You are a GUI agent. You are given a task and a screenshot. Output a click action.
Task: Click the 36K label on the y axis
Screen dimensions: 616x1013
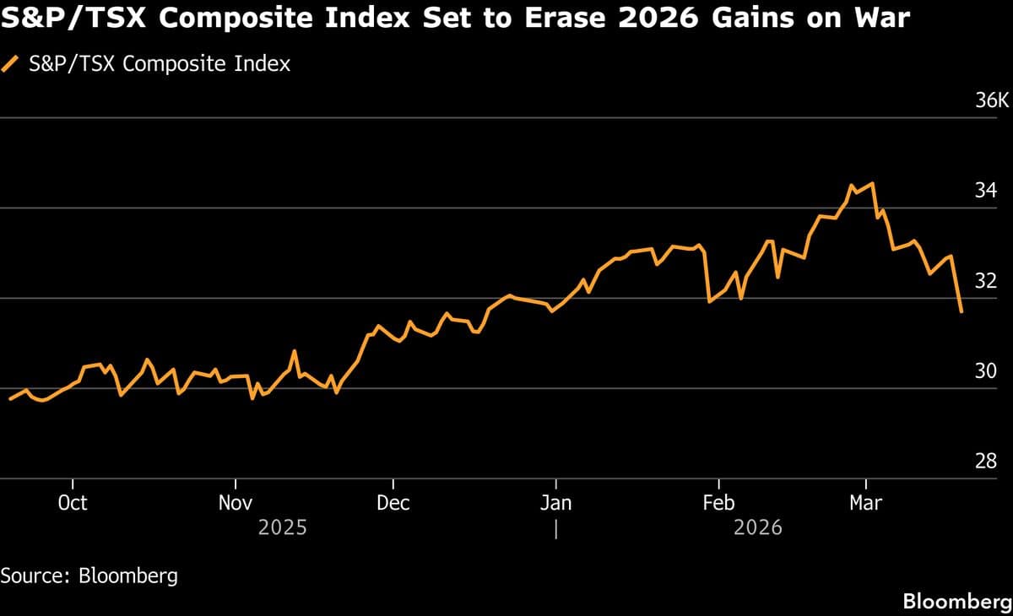click(x=992, y=101)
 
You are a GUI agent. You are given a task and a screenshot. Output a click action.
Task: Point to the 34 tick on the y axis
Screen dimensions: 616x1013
click(x=986, y=191)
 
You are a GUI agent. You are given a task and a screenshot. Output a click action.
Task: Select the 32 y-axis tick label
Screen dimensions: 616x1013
click(x=986, y=281)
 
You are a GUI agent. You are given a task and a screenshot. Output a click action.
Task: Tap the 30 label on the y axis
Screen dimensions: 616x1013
click(x=986, y=371)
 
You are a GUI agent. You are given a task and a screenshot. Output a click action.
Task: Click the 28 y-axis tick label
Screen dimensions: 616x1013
click(x=986, y=462)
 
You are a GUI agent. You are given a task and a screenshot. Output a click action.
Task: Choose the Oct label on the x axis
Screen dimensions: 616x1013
click(x=73, y=503)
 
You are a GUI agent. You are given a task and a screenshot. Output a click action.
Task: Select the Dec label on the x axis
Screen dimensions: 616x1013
click(x=393, y=503)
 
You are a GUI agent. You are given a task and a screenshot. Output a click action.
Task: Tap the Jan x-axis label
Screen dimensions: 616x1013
click(x=555, y=503)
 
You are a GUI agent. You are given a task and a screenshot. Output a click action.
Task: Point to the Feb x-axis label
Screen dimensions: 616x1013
click(x=718, y=503)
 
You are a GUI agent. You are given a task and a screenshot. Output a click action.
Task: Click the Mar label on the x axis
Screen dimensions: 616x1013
click(x=865, y=503)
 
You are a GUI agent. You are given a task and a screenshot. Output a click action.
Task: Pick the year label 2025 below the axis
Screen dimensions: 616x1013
click(x=283, y=528)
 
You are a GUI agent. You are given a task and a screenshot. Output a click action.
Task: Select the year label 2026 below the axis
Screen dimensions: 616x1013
click(x=758, y=528)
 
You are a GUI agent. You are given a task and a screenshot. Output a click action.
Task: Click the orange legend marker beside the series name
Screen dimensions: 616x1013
click(x=11, y=64)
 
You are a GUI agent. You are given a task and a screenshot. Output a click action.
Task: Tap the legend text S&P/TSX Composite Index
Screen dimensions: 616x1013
click(x=160, y=64)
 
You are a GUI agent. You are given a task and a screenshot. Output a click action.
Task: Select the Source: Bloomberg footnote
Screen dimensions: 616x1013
click(x=89, y=575)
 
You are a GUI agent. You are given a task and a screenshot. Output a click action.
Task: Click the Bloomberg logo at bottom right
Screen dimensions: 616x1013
click(x=957, y=601)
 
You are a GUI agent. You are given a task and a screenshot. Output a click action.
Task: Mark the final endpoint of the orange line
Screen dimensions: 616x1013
click(x=962, y=311)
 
